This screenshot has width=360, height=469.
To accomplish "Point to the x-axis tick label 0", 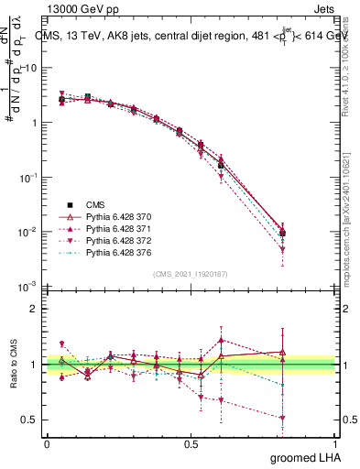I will (x=47, y=442).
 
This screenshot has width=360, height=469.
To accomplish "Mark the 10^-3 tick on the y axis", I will (x=29, y=287).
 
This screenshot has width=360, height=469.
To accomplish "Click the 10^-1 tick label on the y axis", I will (x=29, y=177).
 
